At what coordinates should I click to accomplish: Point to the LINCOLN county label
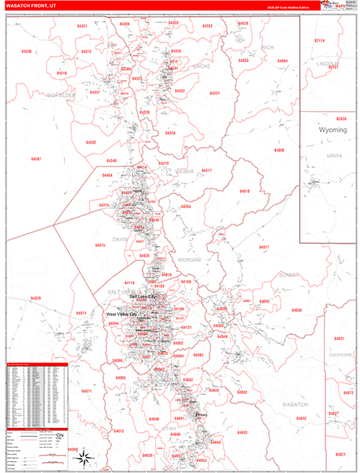[326, 62]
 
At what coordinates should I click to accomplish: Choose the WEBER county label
[184, 171]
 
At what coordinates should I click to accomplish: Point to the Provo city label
[201, 415]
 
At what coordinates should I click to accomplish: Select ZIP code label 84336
[28, 51]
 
